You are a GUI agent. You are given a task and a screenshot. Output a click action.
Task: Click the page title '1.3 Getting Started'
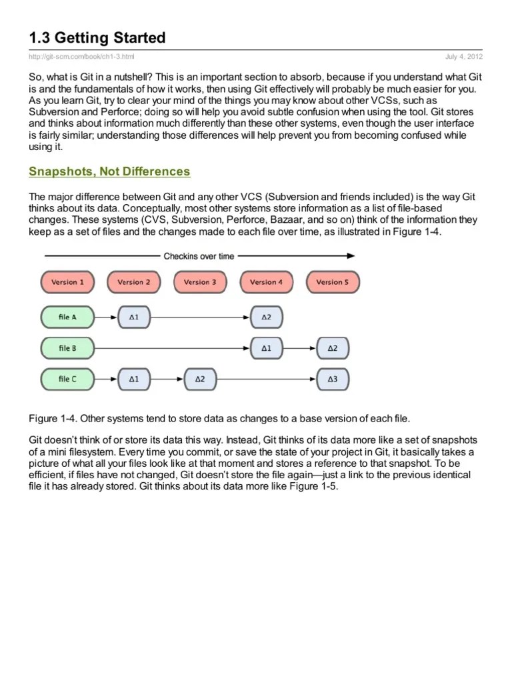tap(97, 37)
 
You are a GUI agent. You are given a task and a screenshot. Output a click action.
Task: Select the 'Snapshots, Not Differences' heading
tap(109, 172)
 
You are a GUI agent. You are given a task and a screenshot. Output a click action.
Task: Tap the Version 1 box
tap(67, 282)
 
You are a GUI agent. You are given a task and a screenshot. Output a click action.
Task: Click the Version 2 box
tap(133, 282)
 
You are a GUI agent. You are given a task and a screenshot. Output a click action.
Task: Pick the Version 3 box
tap(200, 282)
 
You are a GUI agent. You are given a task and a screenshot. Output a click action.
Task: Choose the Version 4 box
tap(266, 282)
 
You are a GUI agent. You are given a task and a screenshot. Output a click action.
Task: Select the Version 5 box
tap(332, 282)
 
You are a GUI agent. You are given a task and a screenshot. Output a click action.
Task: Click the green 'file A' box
tap(67, 317)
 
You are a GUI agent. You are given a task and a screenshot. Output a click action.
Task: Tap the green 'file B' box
tap(67, 348)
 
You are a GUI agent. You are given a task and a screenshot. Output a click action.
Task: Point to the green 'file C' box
tap(67, 380)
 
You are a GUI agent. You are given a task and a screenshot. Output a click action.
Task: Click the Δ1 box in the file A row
tap(133, 317)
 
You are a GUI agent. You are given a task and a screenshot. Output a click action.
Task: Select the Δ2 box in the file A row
tap(266, 317)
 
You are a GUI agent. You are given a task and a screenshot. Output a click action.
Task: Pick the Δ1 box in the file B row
tap(266, 348)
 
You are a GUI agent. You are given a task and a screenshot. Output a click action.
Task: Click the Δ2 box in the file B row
tap(332, 348)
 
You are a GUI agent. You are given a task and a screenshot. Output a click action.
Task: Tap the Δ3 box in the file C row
tap(332, 380)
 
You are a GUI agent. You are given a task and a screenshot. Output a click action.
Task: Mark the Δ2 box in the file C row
tap(200, 380)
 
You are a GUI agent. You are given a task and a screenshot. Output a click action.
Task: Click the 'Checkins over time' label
tap(199, 255)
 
